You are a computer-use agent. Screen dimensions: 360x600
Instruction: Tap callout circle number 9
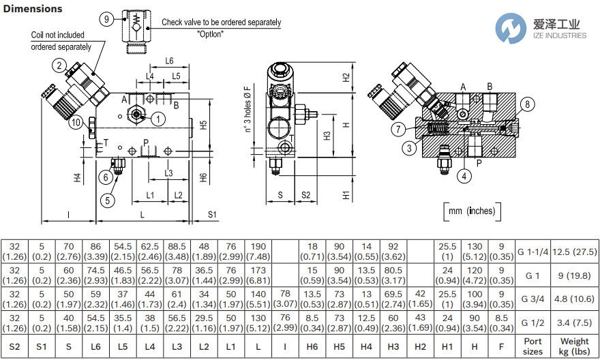click(106, 19)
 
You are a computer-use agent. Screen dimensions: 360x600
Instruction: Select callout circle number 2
click(60, 66)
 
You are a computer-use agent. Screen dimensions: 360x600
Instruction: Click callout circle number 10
click(76, 123)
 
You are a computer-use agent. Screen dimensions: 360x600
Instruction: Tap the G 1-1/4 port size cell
click(532, 252)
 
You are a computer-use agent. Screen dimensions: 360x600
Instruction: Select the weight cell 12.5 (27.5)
click(575, 252)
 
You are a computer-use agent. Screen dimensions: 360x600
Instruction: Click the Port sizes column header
click(532, 346)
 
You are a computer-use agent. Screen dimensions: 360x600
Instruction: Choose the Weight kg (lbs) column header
click(575, 346)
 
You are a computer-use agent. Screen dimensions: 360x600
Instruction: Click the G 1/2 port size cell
click(532, 322)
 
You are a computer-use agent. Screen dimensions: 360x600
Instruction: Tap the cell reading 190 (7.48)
click(258, 252)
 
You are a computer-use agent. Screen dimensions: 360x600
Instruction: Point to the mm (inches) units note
click(471, 211)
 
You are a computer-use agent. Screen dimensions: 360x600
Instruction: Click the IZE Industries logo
click(543, 29)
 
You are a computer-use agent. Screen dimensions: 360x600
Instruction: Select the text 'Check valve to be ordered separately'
click(221, 22)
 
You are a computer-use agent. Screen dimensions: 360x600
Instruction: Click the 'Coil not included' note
click(58, 35)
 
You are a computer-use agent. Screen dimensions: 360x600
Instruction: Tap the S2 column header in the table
click(14, 346)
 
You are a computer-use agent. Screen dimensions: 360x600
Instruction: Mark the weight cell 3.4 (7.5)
click(575, 322)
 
